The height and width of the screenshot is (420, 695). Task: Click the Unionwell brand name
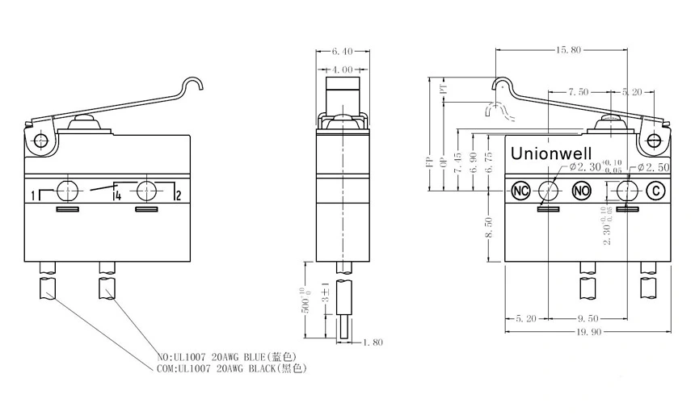tap(550, 153)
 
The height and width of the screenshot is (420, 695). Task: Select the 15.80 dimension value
tap(567, 50)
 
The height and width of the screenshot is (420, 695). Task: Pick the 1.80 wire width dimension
tap(373, 342)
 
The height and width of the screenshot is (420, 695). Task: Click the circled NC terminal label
tap(520, 191)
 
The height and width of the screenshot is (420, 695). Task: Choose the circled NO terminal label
tap(581, 191)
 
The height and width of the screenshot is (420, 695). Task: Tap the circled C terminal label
tap(656, 191)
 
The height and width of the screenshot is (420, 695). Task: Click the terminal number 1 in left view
tap(34, 196)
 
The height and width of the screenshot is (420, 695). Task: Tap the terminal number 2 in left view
tap(177, 195)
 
